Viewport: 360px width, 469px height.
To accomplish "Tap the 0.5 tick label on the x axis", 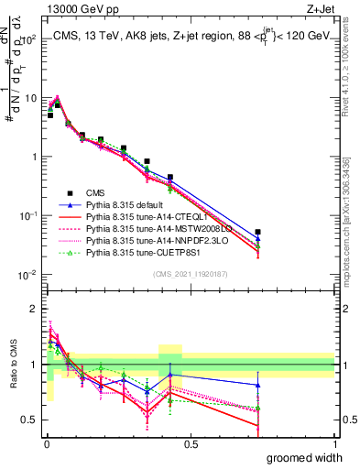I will click(x=191, y=444).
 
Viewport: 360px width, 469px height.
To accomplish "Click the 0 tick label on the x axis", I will click(x=46, y=444).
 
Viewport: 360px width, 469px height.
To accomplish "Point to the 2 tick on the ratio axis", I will click(x=34, y=308).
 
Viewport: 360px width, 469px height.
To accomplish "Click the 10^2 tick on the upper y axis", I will click(x=28, y=38).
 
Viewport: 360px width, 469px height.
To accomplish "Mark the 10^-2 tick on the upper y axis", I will click(x=27, y=275).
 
